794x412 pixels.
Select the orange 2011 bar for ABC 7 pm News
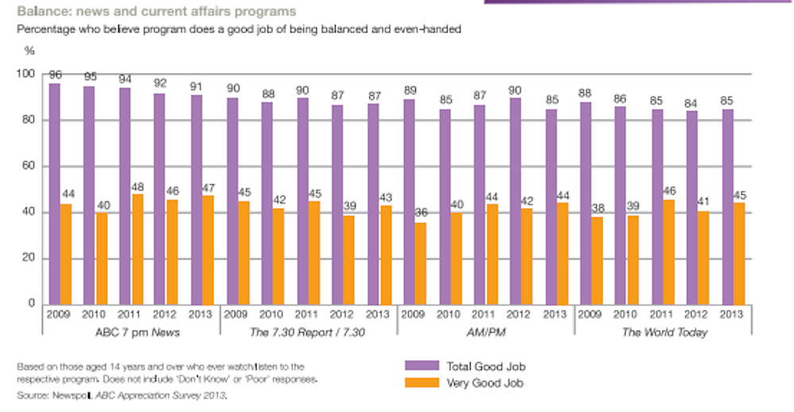[137, 248]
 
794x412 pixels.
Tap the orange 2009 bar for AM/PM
[420, 263]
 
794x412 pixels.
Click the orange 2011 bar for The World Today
[669, 252]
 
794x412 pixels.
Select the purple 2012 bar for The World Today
[692, 207]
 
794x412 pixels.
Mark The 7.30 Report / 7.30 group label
[308, 333]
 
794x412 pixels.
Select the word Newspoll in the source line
[66, 395]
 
